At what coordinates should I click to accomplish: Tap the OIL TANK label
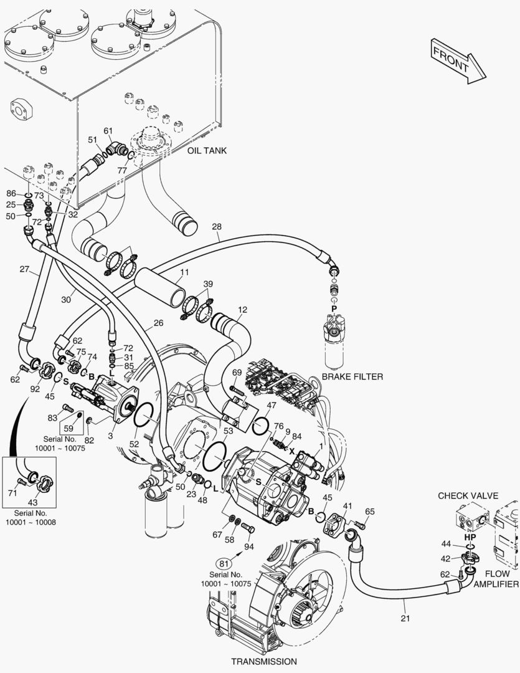tap(207, 151)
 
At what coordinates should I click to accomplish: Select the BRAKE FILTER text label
tap(352, 377)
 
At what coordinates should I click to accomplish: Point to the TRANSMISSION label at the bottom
tap(264, 661)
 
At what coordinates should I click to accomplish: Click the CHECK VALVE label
tap(468, 496)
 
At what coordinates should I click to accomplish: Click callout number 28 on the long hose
tap(217, 226)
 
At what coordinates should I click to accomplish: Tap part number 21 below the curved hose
tap(405, 618)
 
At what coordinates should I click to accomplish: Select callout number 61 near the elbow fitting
tap(108, 131)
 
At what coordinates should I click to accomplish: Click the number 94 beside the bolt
tap(249, 547)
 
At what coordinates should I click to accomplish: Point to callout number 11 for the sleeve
tap(184, 272)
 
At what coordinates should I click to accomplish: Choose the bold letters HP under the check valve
tap(470, 537)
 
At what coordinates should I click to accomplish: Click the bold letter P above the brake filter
tap(334, 308)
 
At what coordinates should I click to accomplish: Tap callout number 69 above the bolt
tap(237, 373)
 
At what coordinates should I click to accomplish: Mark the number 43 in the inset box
tap(32, 502)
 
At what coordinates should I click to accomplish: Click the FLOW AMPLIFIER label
tap(496, 578)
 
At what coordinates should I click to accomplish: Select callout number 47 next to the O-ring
tap(271, 405)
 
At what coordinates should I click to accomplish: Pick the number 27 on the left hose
tap(24, 269)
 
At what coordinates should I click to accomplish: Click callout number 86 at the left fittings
tap(11, 194)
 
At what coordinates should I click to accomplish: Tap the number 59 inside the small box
tap(69, 428)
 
